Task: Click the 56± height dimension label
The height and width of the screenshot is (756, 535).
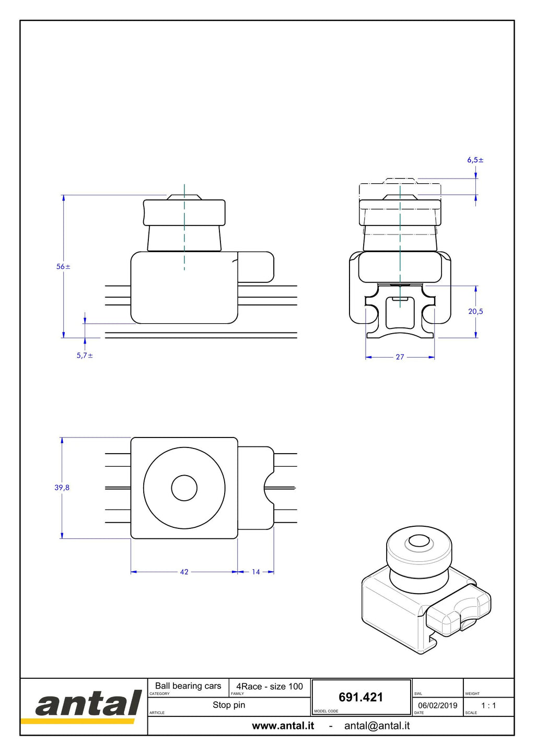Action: click(63, 267)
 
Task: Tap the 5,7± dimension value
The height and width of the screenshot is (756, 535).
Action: click(85, 356)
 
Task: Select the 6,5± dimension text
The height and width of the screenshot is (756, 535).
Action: click(475, 160)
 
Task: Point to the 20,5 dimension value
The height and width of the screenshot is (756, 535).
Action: click(475, 312)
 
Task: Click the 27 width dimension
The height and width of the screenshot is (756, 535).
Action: click(400, 357)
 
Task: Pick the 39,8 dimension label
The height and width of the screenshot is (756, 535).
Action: click(62, 487)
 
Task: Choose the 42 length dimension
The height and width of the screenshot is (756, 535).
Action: click(184, 572)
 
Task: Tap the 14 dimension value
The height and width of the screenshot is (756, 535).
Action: click(256, 572)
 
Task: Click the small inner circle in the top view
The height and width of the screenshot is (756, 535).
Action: click(184, 488)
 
